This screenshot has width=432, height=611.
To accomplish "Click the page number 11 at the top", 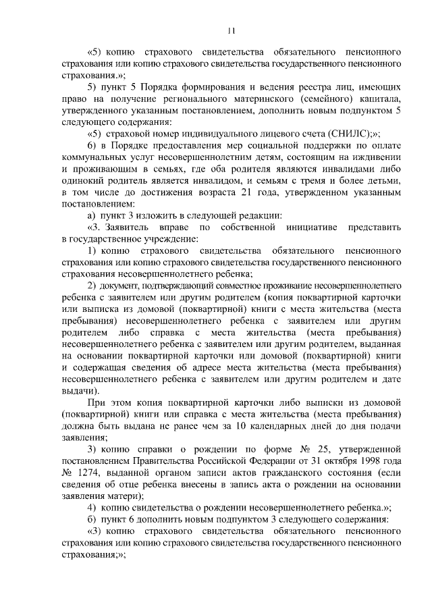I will pyautogui.click(x=231, y=30).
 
